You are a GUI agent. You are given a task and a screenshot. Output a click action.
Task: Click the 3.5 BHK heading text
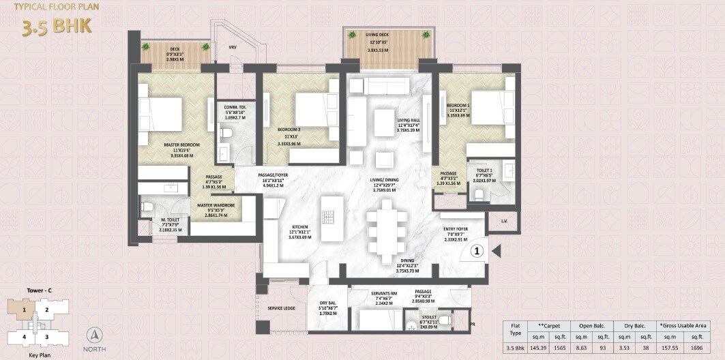click(x=57, y=27)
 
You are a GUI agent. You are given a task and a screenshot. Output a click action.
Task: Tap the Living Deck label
click(x=387, y=35)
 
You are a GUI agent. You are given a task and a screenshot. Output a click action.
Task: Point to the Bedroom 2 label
click(x=289, y=130)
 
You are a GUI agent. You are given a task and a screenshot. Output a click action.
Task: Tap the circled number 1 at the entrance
click(x=478, y=250)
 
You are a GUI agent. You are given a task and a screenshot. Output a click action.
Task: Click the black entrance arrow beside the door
click(x=497, y=250)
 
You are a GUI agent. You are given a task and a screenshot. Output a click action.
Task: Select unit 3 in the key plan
click(x=47, y=336)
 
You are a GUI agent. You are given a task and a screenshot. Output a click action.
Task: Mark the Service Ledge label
click(x=281, y=308)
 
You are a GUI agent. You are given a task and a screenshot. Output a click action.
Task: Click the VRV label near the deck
click(x=232, y=47)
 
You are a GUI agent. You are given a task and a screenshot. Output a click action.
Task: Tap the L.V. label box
click(x=503, y=221)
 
